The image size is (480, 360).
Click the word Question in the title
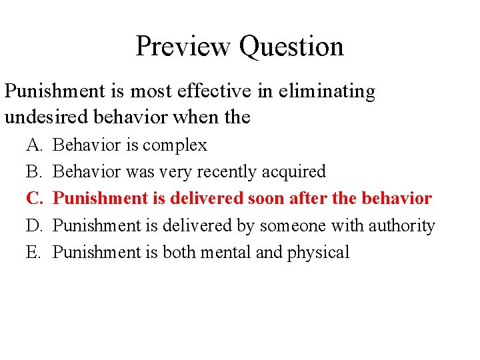point(291,46)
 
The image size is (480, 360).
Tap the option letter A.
point(33,145)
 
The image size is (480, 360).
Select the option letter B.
point(33,171)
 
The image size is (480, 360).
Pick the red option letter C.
point(33,199)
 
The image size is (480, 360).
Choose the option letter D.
point(33,225)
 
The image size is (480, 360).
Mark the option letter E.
point(33,252)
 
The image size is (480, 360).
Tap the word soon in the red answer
point(265,199)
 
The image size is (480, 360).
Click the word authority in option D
point(400,225)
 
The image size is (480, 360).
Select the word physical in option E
point(319,252)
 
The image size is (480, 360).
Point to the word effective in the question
point(217,91)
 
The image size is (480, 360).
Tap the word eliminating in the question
point(326,91)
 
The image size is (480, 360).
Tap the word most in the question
point(153,91)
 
